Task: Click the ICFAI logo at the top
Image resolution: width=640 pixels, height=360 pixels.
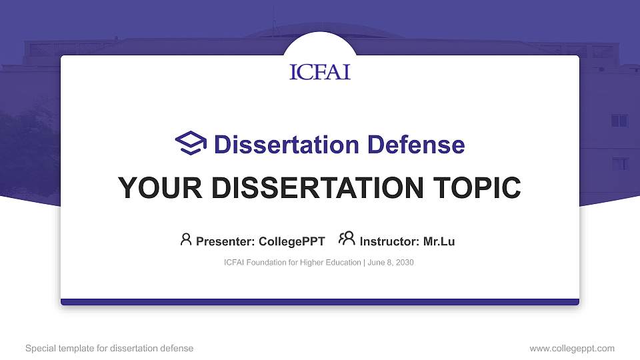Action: (x=320, y=72)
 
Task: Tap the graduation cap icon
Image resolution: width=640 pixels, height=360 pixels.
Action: (x=191, y=143)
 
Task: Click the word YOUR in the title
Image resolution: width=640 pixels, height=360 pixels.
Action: (x=151, y=188)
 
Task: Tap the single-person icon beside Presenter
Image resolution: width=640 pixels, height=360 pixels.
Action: (x=186, y=239)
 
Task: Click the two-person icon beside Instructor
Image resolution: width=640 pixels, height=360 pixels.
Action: (x=347, y=239)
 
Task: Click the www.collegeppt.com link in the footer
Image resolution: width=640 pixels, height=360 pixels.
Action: (x=572, y=348)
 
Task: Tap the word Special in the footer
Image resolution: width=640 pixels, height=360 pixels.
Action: (x=39, y=348)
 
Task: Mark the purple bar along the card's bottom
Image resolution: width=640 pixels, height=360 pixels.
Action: (x=320, y=302)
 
